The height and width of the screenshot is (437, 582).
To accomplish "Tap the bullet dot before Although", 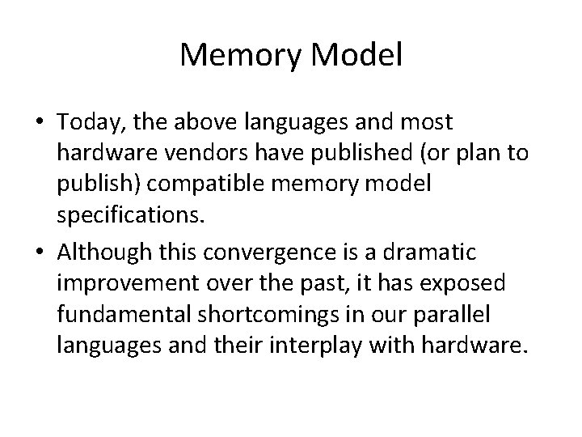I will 39,253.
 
